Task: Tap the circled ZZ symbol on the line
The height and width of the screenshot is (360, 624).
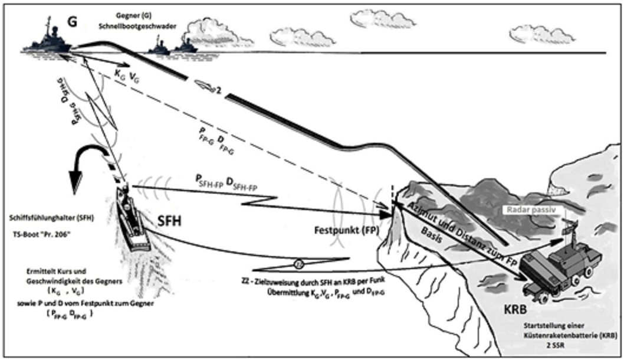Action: [298, 263]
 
